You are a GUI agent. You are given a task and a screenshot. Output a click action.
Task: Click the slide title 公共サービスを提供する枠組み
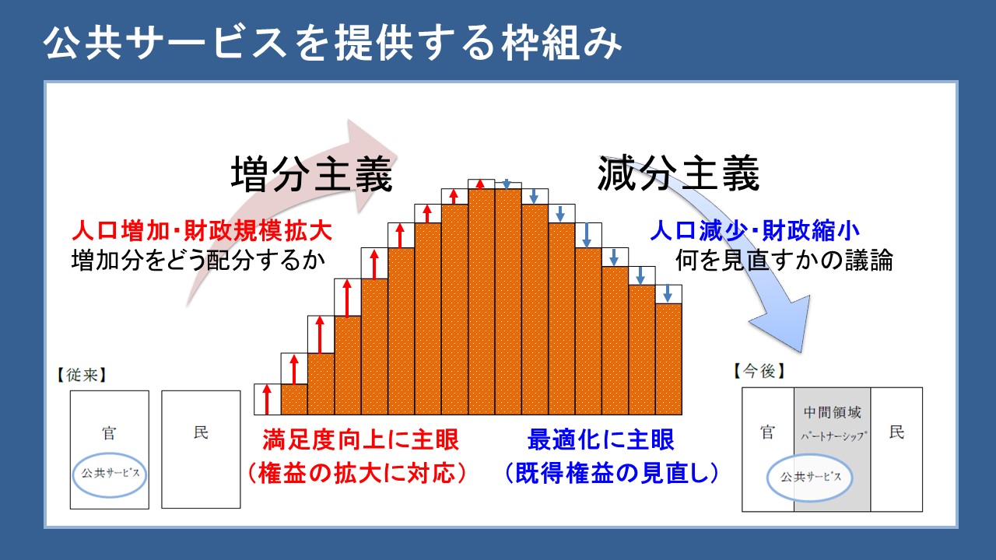tap(332, 44)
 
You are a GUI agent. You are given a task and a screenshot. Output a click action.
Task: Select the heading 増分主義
tap(312, 173)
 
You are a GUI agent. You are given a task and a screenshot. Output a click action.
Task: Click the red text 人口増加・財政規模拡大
tap(202, 231)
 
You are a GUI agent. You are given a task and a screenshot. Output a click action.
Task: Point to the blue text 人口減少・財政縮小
tap(755, 231)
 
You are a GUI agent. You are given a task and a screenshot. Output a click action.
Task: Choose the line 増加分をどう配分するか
tap(198, 260)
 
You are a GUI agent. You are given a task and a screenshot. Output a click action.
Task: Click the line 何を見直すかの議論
tap(784, 260)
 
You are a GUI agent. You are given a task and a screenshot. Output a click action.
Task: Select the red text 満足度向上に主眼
tap(360, 439)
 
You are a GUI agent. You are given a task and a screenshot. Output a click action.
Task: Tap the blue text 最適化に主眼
tap(601, 439)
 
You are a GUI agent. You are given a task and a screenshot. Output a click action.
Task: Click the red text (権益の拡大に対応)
tap(357, 473)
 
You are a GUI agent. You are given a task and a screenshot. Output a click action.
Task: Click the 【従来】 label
tap(82, 375)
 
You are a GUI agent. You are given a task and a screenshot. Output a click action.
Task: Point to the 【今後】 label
tap(759, 371)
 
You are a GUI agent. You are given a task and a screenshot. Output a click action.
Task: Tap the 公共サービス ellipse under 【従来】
tap(110, 474)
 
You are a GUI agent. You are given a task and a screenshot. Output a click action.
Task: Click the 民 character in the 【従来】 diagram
tap(201, 432)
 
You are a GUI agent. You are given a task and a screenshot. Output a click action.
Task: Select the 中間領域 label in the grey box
tap(833, 412)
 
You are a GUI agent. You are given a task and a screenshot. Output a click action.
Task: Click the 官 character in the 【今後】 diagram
tap(767, 432)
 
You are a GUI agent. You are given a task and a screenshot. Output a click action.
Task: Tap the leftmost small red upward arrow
tap(267, 400)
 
